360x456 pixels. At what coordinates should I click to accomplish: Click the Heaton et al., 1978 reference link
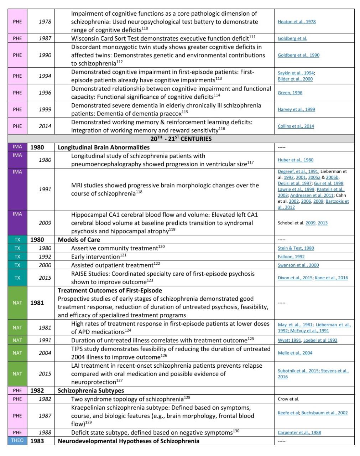(x=297, y=22)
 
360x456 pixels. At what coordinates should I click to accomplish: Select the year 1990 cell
(x=45, y=55)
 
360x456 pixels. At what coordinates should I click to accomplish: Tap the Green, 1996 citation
(x=290, y=93)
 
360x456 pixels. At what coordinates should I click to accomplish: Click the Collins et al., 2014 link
(x=296, y=126)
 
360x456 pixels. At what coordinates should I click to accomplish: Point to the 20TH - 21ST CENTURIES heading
(x=181, y=139)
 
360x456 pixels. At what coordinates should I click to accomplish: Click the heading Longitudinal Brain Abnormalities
(x=104, y=147)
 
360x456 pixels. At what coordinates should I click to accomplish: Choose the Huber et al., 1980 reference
(x=296, y=160)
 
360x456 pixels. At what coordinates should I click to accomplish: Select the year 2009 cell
(x=45, y=223)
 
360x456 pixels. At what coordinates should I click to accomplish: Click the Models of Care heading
(x=79, y=240)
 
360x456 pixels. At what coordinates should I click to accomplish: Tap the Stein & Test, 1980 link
(x=296, y=248)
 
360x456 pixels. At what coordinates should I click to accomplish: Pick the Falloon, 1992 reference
(x=291, y=257)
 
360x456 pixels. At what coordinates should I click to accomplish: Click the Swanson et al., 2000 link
(x=298, y=265)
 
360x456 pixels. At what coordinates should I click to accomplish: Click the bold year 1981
(x=37, y=303)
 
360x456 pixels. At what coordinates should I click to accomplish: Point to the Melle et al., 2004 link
(x=295, y=353)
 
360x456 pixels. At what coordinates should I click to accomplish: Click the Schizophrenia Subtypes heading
(x=91, y=390)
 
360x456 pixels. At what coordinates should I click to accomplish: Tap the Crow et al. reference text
(x=288, y=399)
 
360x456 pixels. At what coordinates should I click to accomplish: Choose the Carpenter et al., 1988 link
(x=299, y=432)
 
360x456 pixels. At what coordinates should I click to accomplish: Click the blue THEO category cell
(x=17, y=441)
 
